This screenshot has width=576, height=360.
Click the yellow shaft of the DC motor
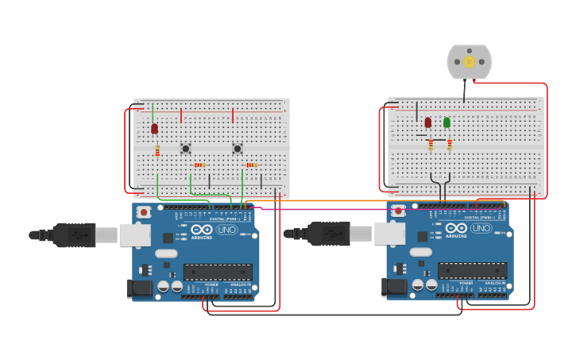click(470, 62)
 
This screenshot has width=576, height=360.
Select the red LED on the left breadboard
click(154, 128)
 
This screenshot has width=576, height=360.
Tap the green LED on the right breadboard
click(446, 122)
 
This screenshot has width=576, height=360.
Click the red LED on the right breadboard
click(427, 122)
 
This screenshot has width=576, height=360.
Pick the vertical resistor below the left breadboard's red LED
click(157, 149)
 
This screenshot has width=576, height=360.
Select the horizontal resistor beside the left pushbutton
click(201, 165)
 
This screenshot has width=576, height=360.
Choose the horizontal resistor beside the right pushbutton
click(253, 165)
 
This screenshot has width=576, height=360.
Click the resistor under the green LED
click(449, 145)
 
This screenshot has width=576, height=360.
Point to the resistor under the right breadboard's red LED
click(431, 145)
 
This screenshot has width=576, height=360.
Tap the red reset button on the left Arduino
click(144, 211)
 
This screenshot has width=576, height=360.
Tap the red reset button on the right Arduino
click(398, 211)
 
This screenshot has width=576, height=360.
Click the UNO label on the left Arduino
click(226, 230)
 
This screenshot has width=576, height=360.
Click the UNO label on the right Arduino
click(481, 228)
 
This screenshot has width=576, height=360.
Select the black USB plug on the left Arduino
click(74, 234)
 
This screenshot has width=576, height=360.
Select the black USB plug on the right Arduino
click(328, 234)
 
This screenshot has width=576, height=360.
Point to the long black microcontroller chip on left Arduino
click(218, 272)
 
